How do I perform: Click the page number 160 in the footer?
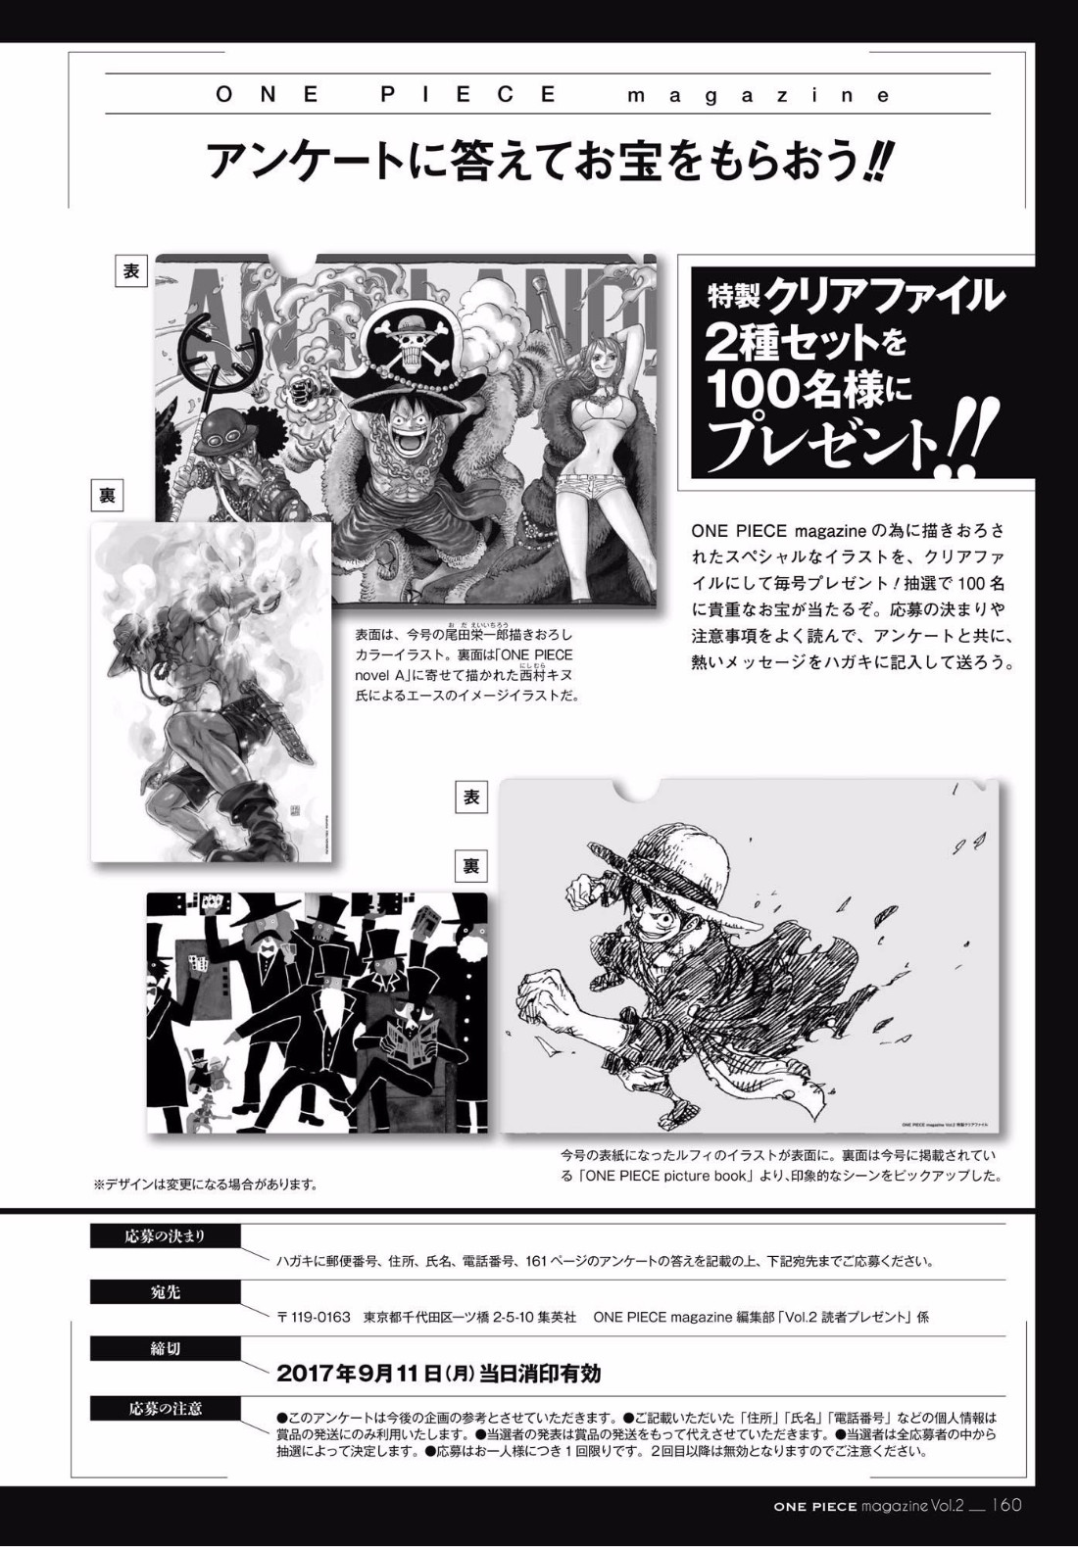coord(1007,1505)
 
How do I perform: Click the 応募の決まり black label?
coord(166,1236)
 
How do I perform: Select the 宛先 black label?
coord(166,1291)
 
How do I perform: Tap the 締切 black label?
coord(166,1347)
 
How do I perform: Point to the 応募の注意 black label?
coord(166,1408)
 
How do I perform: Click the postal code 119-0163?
coord(321,1317)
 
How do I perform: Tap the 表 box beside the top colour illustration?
coord(131,271)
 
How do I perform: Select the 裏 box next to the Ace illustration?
coord(107,496)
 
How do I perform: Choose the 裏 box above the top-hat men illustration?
coord(471,866)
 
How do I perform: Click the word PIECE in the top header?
coord(469,95)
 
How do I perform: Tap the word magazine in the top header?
coord(759,96)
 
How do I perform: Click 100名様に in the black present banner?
coord(808,389)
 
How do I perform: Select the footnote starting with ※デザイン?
coord(205,1184)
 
